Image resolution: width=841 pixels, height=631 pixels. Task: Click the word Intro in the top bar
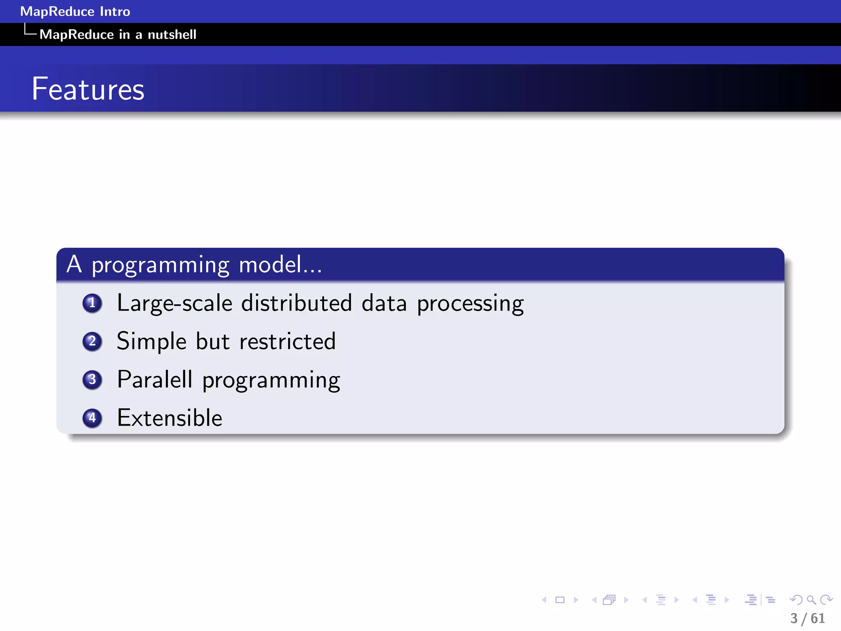click(x=115, y=12)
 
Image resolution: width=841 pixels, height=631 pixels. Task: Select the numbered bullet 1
click(x=92, y=303)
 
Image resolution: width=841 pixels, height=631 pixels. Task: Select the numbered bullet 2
click(x=92, y=341)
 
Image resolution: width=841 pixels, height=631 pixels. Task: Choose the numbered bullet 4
click(x=92, y=418)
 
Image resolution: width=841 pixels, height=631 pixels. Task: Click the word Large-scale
click(x=175, y=303)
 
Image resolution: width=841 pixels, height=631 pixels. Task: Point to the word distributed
click(x=296, y=303)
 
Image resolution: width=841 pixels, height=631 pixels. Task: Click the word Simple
click(x=152, y=341)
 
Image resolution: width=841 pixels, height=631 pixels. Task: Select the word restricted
click(x=287, y=341)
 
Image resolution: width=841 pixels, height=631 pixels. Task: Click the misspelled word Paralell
click(x=154, y=379)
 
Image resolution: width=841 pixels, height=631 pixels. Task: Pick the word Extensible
click(x=170, y=418)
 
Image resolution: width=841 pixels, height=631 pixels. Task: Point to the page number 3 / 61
click(x=807, y=618)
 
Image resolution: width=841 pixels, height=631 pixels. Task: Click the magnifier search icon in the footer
click(x=811, y=600)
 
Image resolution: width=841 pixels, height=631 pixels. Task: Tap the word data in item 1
click(x=384, y=303)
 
